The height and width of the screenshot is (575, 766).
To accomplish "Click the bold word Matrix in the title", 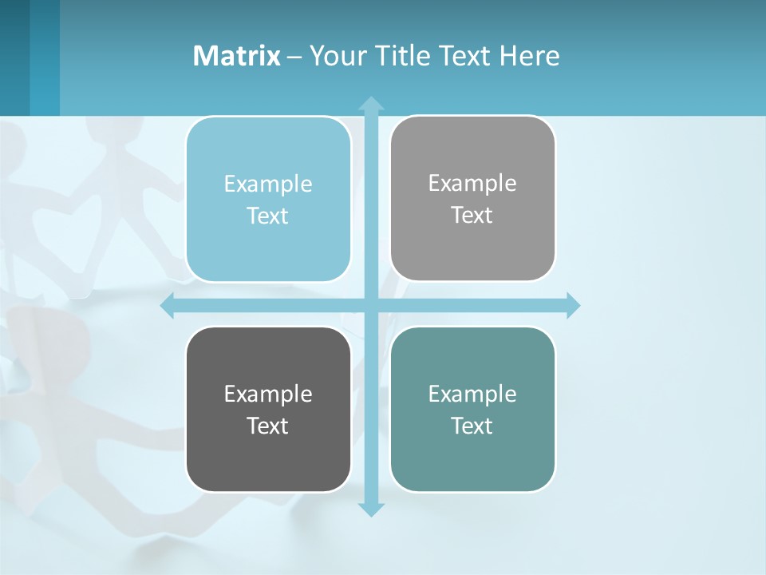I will pos(237,56).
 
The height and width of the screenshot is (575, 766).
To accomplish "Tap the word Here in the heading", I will pos(529,56).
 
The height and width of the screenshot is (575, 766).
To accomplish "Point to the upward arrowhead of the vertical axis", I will pos(371,103).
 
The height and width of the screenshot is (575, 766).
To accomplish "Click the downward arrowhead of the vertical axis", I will pos(371,509).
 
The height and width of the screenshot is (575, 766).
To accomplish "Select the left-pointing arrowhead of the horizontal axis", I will pos(168,306).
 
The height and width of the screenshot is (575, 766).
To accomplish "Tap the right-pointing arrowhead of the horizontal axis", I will pos(573,306).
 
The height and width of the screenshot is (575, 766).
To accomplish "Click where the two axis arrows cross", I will pos(371,306).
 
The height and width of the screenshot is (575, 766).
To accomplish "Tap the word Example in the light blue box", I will pos(268,184).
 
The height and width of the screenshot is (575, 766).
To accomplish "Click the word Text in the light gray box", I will pos(472,216).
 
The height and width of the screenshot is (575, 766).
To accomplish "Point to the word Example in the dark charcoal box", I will pos(268,394).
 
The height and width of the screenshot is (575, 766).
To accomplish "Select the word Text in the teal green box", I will pos(472,426).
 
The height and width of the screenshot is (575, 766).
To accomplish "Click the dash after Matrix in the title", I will pos(294,57).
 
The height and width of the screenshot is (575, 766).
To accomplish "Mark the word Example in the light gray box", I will pos(472,184).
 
